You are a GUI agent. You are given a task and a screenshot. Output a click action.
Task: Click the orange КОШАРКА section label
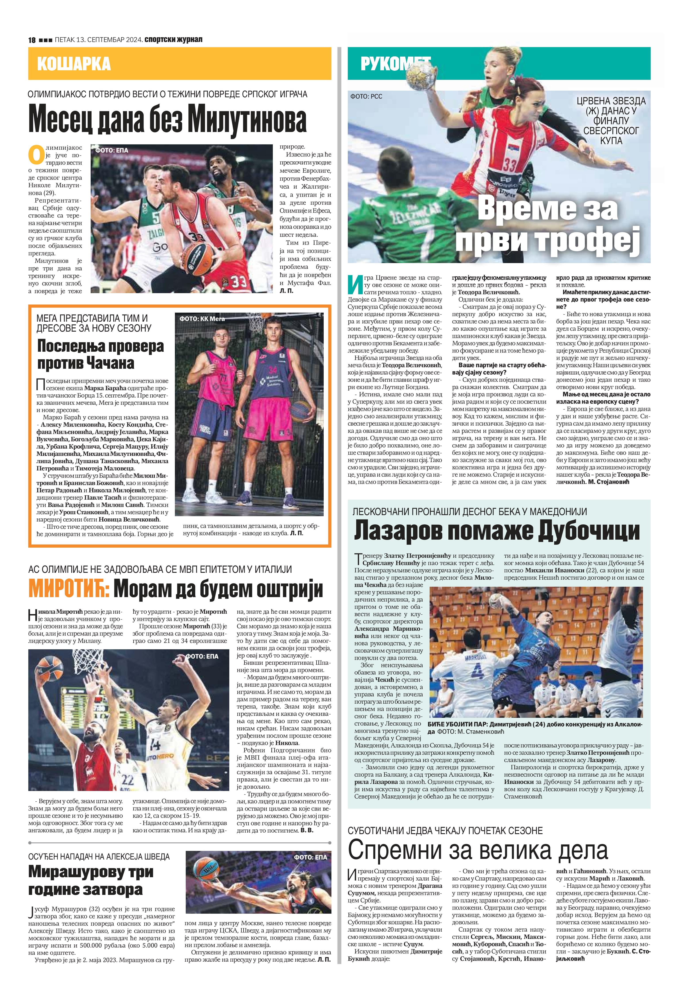74,64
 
